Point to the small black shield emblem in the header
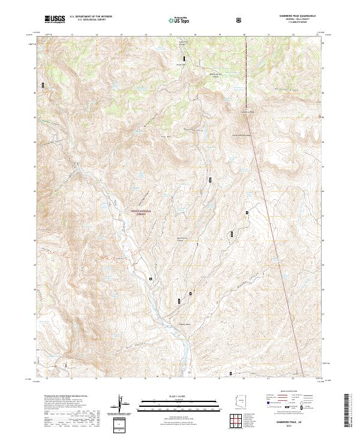240,20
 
